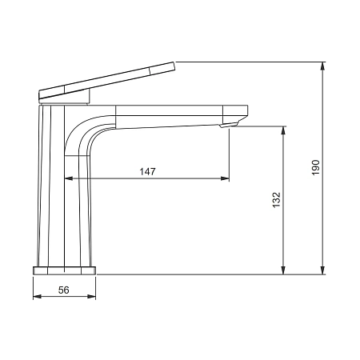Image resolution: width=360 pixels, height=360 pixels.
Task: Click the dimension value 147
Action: click(147, 171)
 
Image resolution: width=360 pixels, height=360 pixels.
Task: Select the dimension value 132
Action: click(276, 200)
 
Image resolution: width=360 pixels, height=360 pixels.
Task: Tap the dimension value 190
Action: click(315, 167)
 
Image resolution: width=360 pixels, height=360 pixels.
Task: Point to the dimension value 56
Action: click(64, 290)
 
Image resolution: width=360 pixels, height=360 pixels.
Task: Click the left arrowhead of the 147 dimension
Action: click(69, 178)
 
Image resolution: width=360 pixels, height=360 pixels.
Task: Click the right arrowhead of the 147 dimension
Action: click(225, 178)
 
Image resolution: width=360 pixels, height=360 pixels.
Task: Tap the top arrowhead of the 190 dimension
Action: click(322, 66)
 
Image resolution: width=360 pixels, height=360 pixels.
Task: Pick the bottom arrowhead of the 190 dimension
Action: click(322, 270)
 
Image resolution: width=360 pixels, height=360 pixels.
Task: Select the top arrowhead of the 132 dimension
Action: click(283, 130)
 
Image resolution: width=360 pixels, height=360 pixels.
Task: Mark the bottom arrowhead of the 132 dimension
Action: click(283, 270)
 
